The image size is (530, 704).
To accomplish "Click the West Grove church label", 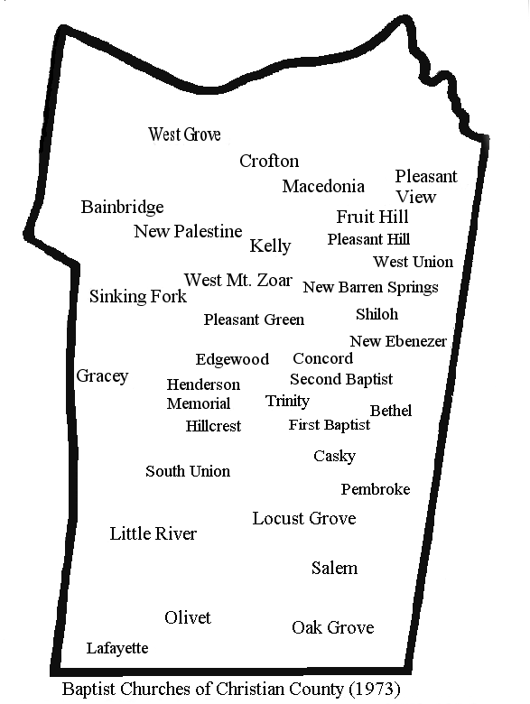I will [184, 134].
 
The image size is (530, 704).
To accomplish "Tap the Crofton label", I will [269, 161].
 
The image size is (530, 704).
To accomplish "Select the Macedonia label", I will [323, 186].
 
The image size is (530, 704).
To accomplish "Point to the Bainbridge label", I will [122, 207].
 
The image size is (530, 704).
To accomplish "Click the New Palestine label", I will [188, 231].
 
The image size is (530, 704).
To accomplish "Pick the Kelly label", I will [270, 245].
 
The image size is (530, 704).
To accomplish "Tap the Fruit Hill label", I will [372, 217].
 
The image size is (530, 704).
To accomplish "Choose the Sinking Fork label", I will [138, 296].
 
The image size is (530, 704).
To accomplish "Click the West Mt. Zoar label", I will [237, 280].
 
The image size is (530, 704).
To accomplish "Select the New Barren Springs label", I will [370, 287].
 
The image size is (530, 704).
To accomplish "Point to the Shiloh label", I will [377, 314].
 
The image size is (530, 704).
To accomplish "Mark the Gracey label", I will [102, 375].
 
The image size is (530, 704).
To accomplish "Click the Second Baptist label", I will [341, 379].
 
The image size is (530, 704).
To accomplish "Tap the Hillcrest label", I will [213, 426].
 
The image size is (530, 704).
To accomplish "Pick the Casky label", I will [334, 456].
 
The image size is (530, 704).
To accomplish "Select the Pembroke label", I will [375, 489].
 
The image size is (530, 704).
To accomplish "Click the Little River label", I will [153, 533].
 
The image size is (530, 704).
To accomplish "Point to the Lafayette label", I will [117, 648].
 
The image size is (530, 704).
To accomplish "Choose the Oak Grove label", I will [332, 627].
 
